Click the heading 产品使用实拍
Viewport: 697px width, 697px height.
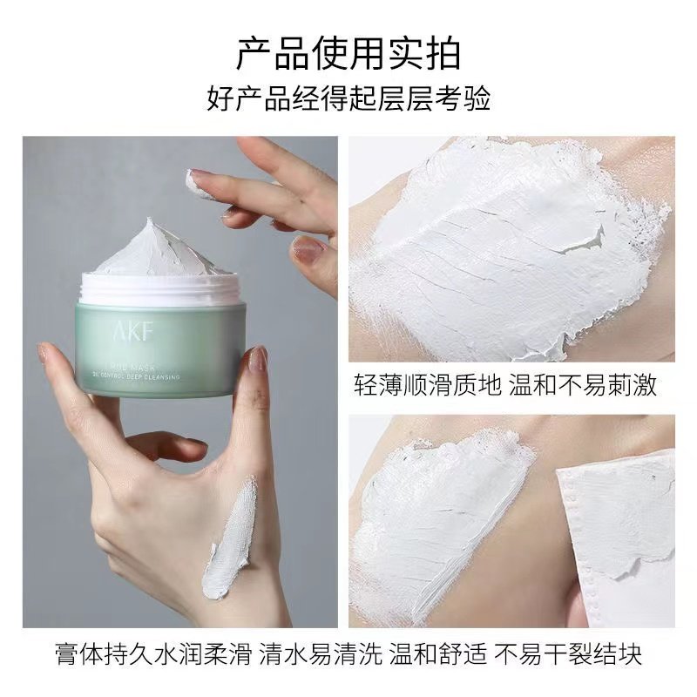tap(348, 54)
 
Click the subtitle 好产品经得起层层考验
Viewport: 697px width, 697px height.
tap(348, 98)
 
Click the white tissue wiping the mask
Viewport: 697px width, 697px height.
tap(619, 523)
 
